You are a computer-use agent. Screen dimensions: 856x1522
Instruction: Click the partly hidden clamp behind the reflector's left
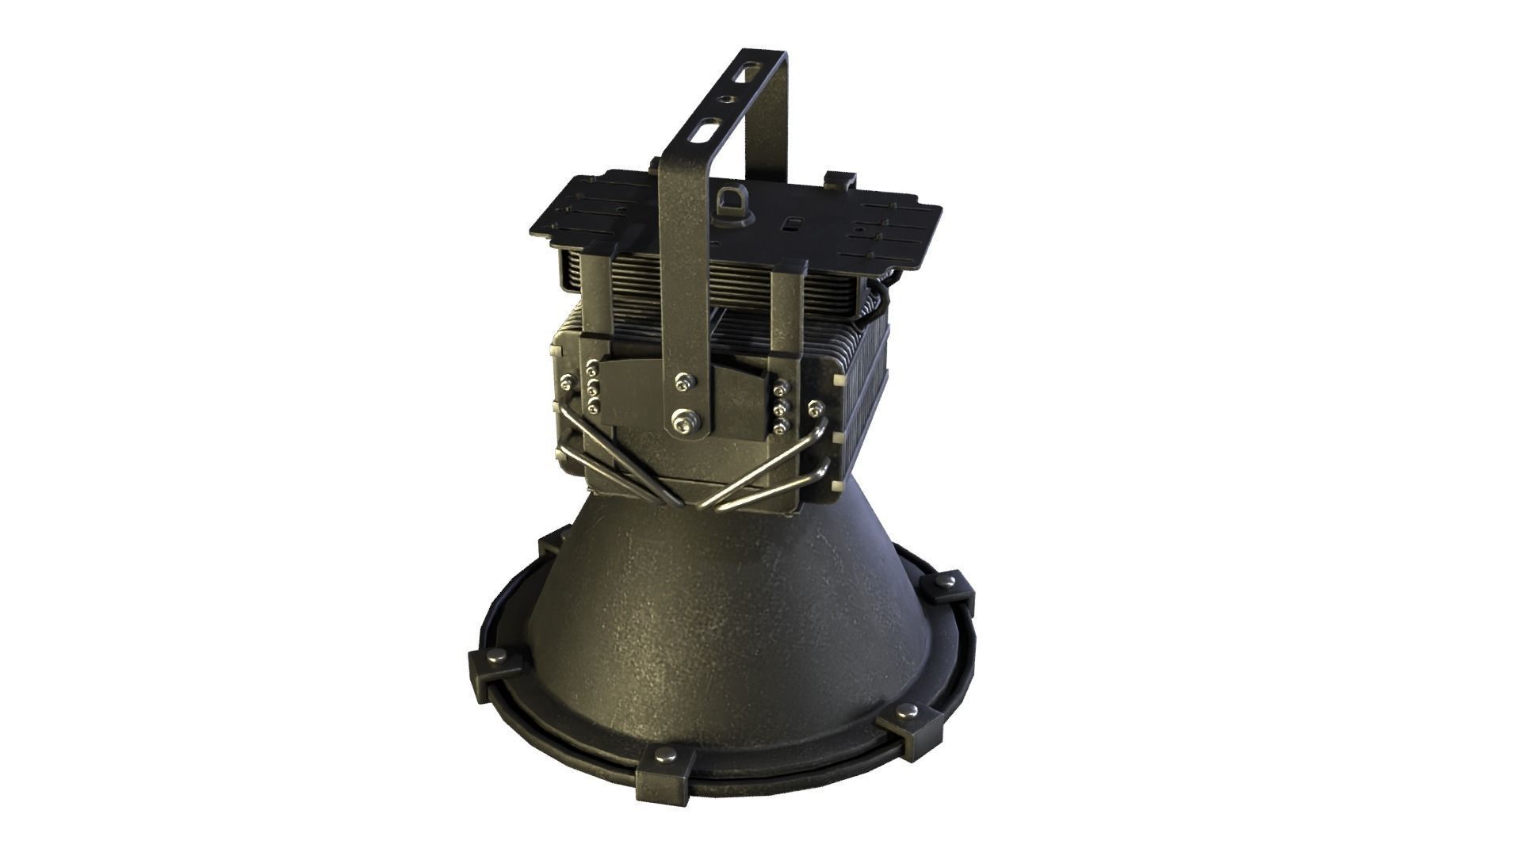tap(549, 546)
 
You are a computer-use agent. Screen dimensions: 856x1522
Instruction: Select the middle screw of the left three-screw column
tap(592, 390)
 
